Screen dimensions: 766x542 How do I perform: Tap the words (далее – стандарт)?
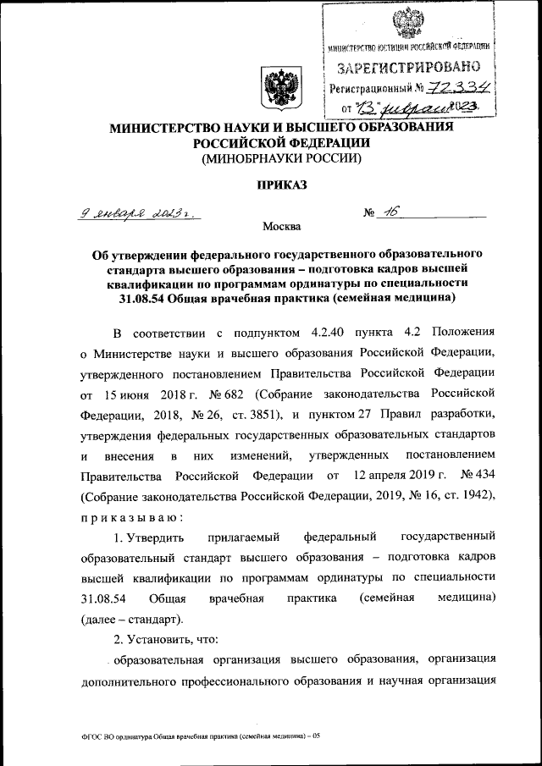131,620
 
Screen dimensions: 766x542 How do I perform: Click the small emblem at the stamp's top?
409,20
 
